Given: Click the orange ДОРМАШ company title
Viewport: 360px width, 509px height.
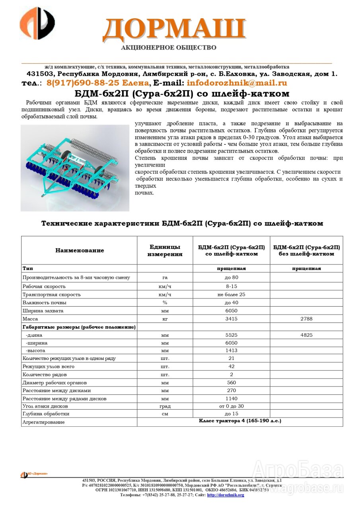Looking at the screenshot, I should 174,30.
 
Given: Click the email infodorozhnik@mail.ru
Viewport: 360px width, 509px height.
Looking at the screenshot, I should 237,83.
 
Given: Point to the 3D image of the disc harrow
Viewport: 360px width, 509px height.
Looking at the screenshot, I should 75,167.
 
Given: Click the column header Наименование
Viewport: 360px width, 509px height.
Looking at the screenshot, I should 80,251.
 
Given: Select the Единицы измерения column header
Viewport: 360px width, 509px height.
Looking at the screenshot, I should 165,251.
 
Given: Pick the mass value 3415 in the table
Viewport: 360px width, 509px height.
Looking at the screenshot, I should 231,319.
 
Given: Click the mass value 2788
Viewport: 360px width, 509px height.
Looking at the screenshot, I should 306,319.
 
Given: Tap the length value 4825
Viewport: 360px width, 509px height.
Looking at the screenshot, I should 306,335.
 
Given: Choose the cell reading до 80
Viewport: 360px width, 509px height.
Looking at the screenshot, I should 231,277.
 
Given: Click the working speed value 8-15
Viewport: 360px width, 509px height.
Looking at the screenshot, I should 231,286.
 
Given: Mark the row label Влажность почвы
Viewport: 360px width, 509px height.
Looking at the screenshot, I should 45,303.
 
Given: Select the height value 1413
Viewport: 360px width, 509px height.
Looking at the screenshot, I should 231,350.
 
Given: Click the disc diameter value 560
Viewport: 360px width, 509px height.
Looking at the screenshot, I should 231,383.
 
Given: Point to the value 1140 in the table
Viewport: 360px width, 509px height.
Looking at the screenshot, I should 231,398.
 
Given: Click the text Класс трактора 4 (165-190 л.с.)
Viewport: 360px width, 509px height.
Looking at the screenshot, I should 240,421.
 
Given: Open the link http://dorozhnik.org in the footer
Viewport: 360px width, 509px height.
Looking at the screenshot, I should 226,495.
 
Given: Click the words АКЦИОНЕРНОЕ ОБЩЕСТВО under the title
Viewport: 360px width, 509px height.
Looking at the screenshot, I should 169,48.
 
